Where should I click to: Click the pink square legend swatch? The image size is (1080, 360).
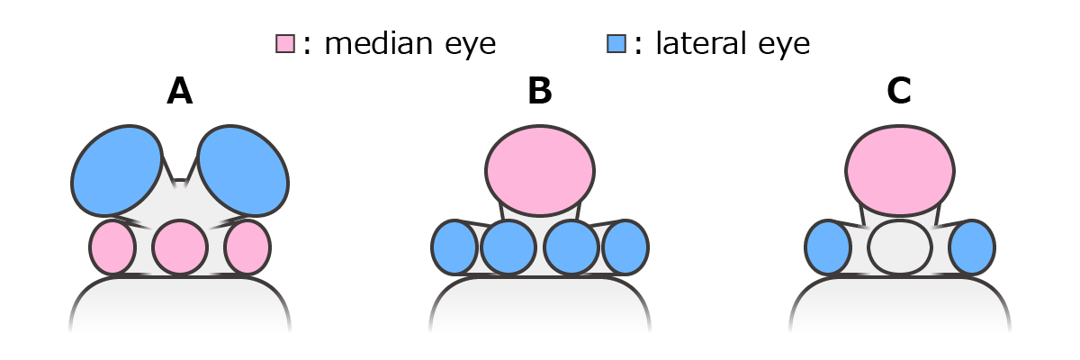285,43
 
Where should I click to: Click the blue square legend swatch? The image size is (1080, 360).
616,43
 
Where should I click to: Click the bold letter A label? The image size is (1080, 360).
180,92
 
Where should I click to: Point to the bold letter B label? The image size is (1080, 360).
540,92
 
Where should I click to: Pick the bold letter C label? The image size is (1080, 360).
899,92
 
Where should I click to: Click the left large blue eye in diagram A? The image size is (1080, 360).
116,170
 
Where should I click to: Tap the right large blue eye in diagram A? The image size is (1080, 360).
243,170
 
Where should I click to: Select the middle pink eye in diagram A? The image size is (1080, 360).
180,247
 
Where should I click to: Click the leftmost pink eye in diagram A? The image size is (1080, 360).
112,247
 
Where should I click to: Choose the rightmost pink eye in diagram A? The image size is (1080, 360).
247,247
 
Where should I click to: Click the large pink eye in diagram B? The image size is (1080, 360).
540,169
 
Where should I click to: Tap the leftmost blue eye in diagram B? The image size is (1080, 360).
454,247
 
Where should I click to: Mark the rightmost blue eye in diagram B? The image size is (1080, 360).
625,247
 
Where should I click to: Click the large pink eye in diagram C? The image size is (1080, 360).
900,169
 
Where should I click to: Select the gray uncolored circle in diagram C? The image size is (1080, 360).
900,247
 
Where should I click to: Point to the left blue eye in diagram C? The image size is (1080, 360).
828,247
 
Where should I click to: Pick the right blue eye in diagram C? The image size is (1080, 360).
972,247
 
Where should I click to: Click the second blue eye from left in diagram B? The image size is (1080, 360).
508,247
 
